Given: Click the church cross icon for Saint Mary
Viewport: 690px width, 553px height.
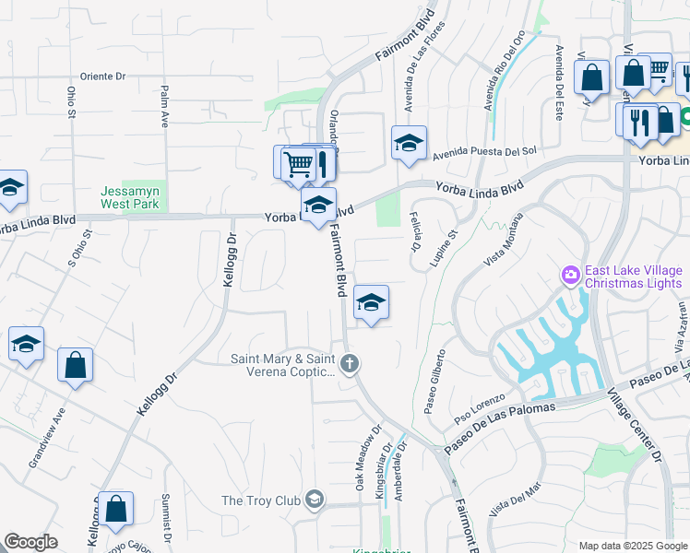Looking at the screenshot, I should pyautogui.click(x=349, y=364).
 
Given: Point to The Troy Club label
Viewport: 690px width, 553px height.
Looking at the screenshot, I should pyautogui.click(x=261, y=500).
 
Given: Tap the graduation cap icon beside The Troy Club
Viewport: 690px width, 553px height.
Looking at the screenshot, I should pyautogui.click(x=314, y=500).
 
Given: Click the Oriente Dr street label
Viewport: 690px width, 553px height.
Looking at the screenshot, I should pyautogui.click(x=115, y=76).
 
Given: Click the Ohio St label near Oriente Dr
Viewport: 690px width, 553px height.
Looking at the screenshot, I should pyautogui.click(x=71, y=102).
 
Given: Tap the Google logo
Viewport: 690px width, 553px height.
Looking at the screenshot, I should pyautogui.click(x=30, y=543).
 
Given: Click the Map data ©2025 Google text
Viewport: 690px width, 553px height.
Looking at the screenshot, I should pyautogui.click(x=633, y=546).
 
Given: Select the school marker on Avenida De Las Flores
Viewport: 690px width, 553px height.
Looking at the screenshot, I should pyautogui.click(x=409, y=143).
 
